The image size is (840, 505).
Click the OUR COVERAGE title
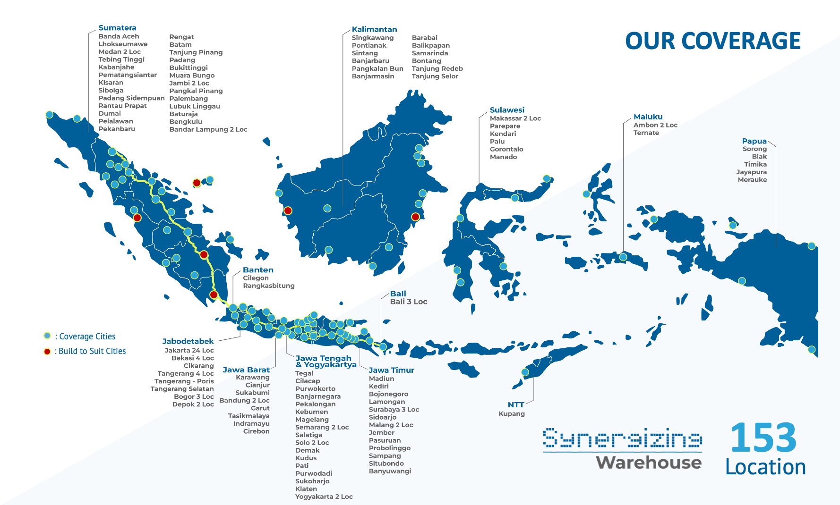[712, 41]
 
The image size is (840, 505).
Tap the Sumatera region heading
[117, 28]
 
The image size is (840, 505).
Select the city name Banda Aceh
[119, 36]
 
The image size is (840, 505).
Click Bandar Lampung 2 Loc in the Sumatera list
[208, 129]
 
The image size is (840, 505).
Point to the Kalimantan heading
[374, 29]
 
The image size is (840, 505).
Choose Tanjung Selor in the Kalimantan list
[435, 76]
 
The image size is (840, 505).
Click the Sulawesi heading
[507, 110]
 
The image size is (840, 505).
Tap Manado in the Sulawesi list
[503, 157]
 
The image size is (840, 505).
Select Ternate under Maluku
[646, 133]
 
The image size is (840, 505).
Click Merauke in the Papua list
[752, 180]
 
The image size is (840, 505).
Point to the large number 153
[763, 438]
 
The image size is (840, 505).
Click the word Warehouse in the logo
[648, 463]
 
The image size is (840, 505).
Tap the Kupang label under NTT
[512, 414]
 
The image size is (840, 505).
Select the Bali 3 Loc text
[408, 302]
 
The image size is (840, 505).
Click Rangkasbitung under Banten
[268, 286]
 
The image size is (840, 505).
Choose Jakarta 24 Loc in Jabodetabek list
[189, 351]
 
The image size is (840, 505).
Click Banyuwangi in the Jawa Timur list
[390, 471]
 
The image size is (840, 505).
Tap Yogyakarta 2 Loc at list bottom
[324, 497]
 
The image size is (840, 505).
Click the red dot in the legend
[47, 351]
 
